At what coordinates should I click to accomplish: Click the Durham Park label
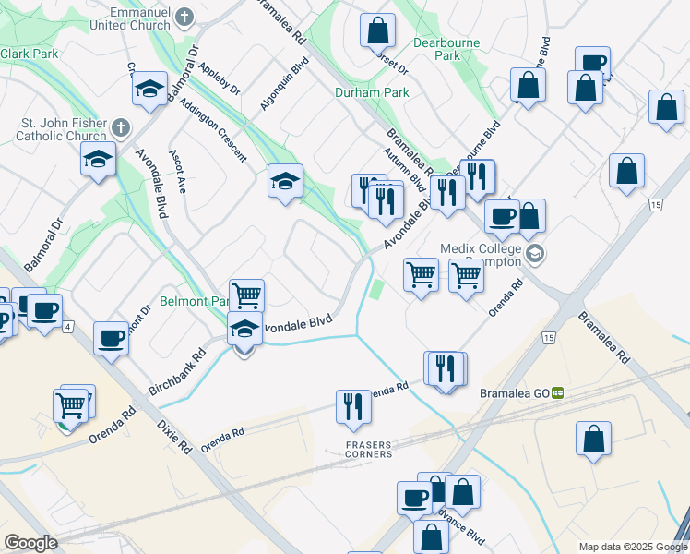click(358, 92)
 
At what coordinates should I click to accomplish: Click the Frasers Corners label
click(368, 450)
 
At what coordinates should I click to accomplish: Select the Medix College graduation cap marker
click(534, 254)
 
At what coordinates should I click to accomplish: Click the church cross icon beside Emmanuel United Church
click(184, 17)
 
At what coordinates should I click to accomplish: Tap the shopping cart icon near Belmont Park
click(246, 296)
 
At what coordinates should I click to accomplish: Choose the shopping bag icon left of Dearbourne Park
click(378, 30)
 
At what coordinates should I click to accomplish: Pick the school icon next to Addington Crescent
click(286, 181)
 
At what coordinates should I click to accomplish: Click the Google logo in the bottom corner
click(30, 543)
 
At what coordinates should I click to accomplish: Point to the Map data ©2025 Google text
click(632, 547)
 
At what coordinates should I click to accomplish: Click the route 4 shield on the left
click(68, 327)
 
